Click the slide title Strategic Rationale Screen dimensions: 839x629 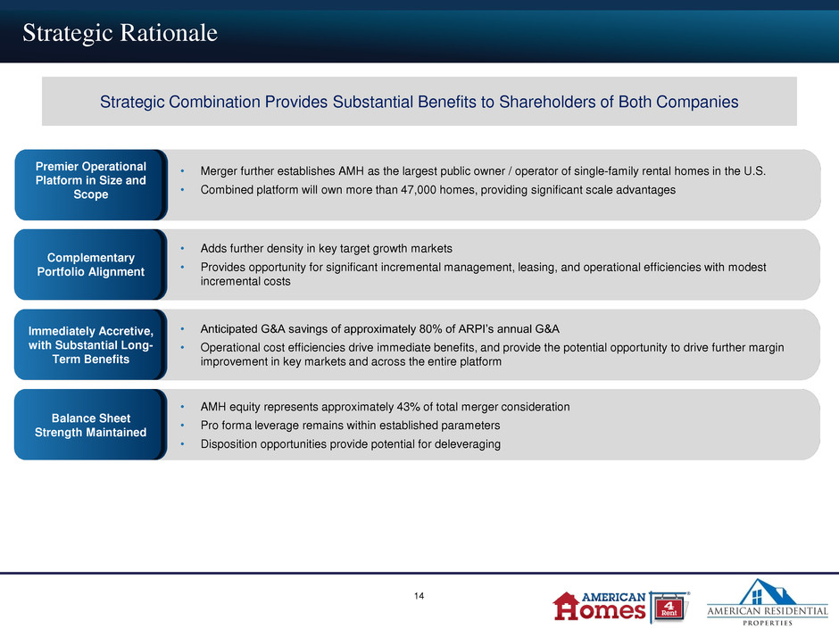click(120, 33)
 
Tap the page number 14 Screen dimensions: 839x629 click(419, 596)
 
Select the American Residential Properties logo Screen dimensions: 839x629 click(768, 602)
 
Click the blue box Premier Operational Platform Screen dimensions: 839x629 click(91, 185)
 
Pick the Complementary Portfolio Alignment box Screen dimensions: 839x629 click(91, 264)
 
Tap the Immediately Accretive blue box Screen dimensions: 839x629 click(91, 344)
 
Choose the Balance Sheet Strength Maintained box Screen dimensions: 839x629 click(91, 424)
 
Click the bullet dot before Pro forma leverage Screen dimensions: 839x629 click(182, 426)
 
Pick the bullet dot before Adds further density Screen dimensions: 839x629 click(182, 249)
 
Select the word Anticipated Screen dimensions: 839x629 click(229, 329)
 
